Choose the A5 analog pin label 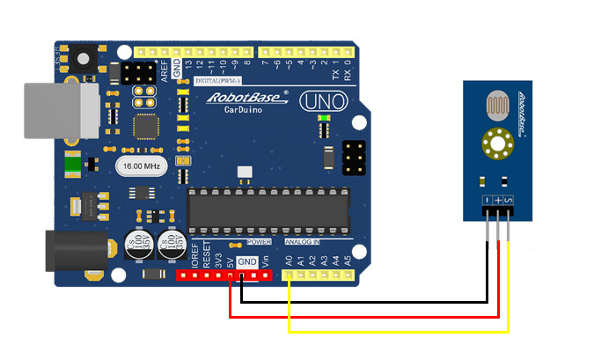tap(348, 261)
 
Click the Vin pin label tap(265, 261)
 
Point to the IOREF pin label tap(194, 256)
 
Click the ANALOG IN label tap(302, 241)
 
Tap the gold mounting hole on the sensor tap(498, 143)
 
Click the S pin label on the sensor tap(510, 202)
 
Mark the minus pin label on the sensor tap(487, 202)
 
